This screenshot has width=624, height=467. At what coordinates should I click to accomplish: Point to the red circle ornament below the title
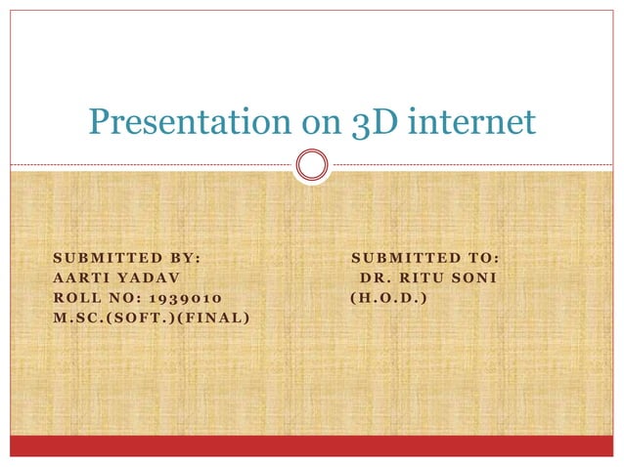[x=312, y=164]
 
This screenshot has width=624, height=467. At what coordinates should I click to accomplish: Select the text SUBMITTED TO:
[x=425, y=258]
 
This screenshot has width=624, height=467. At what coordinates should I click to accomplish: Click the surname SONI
[x=478, y=277]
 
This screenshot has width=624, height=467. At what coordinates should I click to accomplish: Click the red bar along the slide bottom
[x=312, y=446]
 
